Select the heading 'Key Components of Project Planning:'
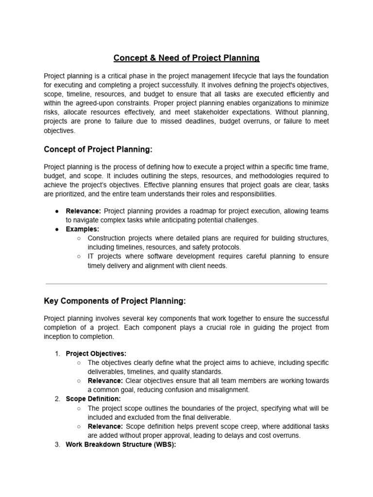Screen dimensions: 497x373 [x=115, y=301]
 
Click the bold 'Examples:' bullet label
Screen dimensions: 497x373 [x=83, y=229]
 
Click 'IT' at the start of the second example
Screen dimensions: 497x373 [x=91, y=256]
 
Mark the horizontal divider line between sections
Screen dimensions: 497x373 [x=186, y=284]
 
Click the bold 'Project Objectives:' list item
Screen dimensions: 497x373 [x=96, y=353]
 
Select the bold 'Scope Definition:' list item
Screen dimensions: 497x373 [x=93, y=399]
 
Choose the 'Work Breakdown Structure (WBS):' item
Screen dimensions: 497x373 [x=121, y=445]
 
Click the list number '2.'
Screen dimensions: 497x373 [x=57, y=399]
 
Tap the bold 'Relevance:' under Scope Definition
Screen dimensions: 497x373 [x=105, y=426]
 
